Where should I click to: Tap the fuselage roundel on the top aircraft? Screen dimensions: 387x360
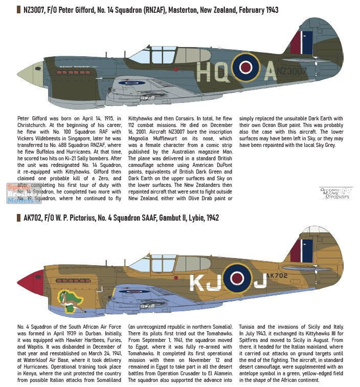[245, 68]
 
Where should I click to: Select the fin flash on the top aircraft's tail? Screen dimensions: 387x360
[302, 42]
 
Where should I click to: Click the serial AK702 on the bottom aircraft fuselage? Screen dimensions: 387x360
[277, 275]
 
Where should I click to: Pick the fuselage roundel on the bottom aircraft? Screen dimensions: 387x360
[237, 277]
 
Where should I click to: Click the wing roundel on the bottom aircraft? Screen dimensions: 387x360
[134, 291]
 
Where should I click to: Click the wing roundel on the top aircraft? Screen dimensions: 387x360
[131, 82]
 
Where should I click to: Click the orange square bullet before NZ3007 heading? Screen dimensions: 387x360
[19, 10]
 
